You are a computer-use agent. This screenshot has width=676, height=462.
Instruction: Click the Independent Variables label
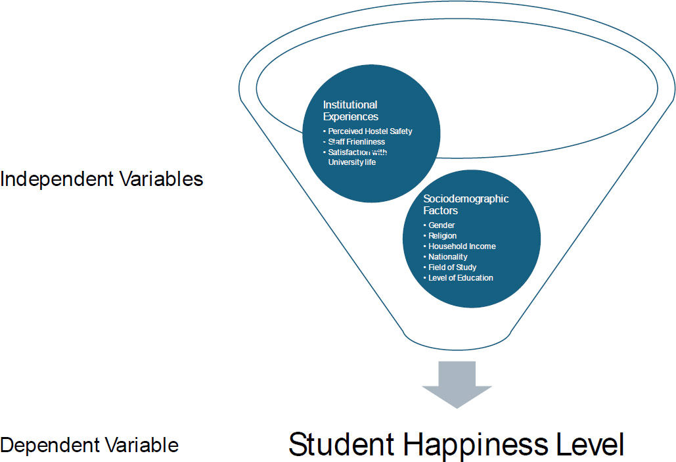point(102,179)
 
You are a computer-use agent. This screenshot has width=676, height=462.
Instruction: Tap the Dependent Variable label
point(89,446)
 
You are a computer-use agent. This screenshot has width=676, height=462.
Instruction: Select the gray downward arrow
point(457,384)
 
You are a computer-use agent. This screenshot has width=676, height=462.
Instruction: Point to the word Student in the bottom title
point(342,444)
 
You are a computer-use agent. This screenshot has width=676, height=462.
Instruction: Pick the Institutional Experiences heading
point(351,111)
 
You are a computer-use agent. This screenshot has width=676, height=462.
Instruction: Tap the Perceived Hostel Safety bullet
point(368,131)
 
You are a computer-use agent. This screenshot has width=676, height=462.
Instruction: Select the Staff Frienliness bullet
point(354,142)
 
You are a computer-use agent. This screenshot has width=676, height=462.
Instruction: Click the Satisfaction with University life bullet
point(355,157)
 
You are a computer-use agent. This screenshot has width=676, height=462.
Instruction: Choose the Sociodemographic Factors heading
point(466,204)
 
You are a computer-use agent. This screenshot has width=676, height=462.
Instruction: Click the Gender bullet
point(439,225)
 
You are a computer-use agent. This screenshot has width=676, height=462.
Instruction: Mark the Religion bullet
point(439,235)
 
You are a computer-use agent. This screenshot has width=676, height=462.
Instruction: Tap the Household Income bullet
point(460,246)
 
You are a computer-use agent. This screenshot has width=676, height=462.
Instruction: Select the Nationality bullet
point(445,257)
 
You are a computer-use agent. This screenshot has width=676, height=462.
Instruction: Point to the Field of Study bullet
point(449,267)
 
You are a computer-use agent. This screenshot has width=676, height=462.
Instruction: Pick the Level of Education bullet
point(459,278)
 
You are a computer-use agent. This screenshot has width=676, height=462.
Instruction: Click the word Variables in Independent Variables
point(161,179)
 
